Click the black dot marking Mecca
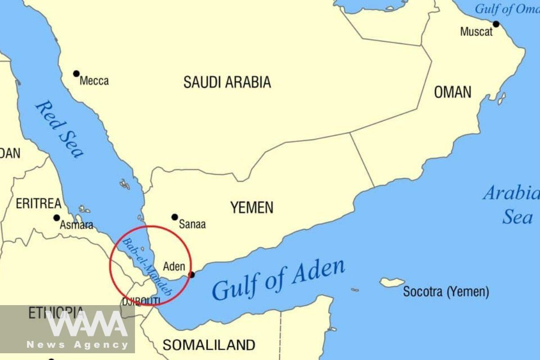coord(76,74)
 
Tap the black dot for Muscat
coord(496,24)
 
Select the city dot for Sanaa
coord(175,217)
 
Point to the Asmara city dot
coord(57,218)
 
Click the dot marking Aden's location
coord(192,274)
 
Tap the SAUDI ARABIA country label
coord(227,82)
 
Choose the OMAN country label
coord(453,92)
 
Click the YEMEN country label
coord(252,207)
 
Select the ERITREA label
coord(39,204)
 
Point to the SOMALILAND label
coord(209,345)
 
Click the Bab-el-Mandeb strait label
coord(147,266)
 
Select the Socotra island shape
coord(392,283)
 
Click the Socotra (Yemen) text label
coord(445,292)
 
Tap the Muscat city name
coord(476,32)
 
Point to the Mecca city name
coord(94,81)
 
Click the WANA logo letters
coord(85,324)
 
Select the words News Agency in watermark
coord(77,345)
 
